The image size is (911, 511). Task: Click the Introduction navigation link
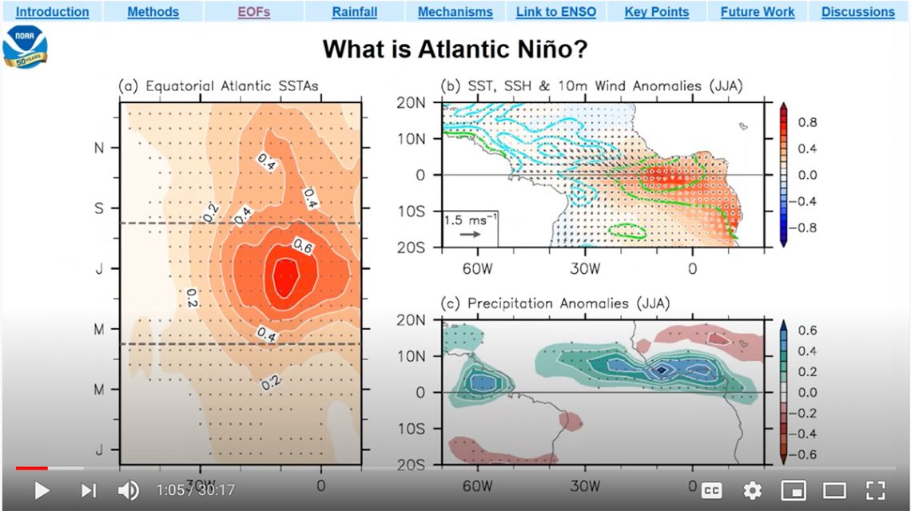[52, 12]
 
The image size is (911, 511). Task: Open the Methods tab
[153, 12]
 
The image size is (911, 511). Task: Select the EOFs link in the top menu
[254, 12]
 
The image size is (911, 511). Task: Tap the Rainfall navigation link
[354, 12]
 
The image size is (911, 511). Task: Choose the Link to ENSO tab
[556, 12]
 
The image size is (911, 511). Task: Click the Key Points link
[657, 12]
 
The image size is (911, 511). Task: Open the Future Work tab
[758, 12]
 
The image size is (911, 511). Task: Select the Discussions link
[858, 12]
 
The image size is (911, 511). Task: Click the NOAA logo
[25, 46]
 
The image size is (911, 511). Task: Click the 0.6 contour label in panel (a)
[303, 247]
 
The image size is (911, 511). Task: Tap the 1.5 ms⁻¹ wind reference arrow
[470, 235]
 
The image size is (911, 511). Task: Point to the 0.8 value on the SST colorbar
[807, 122]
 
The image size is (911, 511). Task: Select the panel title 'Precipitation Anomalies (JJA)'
[569, 303]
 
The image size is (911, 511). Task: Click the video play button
[42, 491]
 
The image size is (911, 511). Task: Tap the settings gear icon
[753, 491]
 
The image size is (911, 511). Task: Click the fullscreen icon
[876, 491]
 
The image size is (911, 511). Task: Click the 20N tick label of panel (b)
[410, 103]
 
